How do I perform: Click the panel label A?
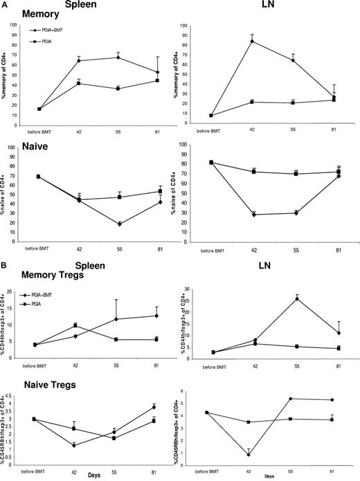5,5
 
